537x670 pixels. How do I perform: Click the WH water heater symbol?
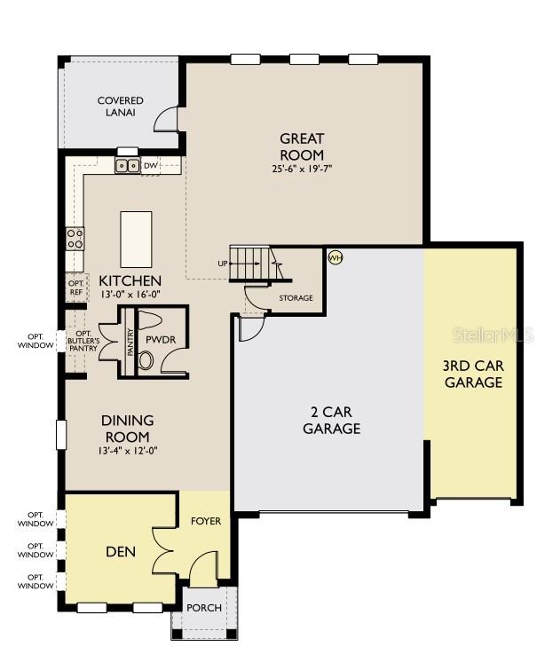tap(336, 257)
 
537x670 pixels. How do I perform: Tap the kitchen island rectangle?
tap(137, 240)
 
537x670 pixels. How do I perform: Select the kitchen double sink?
tap(128, 165)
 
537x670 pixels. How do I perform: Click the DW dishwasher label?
tap(151, 165)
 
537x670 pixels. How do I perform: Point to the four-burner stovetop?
tap(75, 239)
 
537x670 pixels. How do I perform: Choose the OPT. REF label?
tap(76, 288)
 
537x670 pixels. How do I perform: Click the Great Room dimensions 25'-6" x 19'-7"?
tap(302, 169)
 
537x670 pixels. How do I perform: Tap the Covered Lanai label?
tap(121, 106)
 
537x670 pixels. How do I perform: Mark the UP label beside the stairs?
tap(223, 264)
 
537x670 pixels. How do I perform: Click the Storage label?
tap(296, 298)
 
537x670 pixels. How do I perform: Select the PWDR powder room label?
tap(161, 340)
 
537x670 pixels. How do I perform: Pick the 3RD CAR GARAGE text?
tap(473, 374)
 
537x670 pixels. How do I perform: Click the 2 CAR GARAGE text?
tap(332, 420)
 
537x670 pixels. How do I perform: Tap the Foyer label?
tap(206, 521)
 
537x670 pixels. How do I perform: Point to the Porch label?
tap(204, 608)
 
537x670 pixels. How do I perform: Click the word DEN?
tap(121, 552)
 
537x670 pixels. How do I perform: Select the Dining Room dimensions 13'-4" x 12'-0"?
tap(128, 451)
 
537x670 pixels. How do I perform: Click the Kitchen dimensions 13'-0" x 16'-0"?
tap(130, 295)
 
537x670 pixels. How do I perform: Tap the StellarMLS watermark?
tap(493, 335)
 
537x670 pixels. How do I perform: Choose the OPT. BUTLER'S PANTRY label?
tap(83, 341)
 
